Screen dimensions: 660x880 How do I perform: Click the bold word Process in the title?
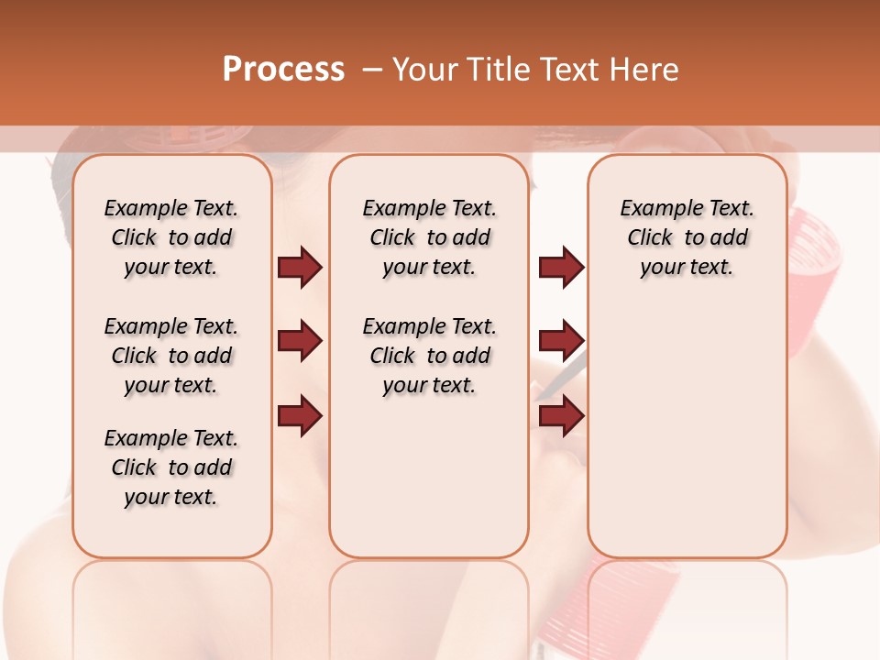pyautogui.click(x=283, y=69)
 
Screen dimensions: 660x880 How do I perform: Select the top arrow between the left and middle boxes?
pyautogui.click(x=300, y=267)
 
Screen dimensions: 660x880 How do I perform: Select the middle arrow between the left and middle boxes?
pyautogui.click(x=300, y=341)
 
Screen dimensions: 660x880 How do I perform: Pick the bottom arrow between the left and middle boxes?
pyautogui.click(x=300, y=415)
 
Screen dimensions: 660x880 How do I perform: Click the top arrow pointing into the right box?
pyautogui.click(x=561, y=267)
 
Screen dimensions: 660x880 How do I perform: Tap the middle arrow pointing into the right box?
pyautogui.click(x=561, y=341)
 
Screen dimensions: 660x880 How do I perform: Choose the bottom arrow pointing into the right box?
pyautogui.click(x=561, y=415)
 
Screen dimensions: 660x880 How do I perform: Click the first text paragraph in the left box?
pyautogui.click(x=171, y=237)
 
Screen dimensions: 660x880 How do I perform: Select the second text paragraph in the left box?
pyautogui.click(x=171, y=356)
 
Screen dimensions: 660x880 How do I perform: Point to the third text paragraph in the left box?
pyautogui.click(x=171, y=467)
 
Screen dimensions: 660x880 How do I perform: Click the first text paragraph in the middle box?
pyautogui.click(x=429, y=237)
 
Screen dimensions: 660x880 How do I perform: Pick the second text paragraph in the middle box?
pyautogui.click(x=429, y=356)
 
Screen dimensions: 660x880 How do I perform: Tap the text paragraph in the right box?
pyautogui.click(x=687, y=237)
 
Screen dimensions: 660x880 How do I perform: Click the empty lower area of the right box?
pyautogui.click(x=687, y=440)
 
